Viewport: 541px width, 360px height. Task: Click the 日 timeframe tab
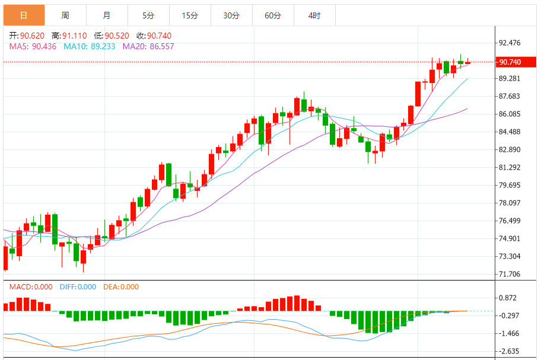point(23,15)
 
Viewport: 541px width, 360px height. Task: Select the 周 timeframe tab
point(65,15)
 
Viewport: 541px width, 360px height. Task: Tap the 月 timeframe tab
point(106,15)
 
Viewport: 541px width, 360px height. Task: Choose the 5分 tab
point(148,15)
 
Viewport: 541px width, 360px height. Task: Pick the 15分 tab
point(190,15)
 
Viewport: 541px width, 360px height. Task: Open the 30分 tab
point(231,15)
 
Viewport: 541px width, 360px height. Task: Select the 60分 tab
point(273,15)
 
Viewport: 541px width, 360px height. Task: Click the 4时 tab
point(314,15)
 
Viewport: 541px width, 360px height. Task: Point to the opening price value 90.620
point(33,36)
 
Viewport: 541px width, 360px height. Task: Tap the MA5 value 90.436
point(44,46)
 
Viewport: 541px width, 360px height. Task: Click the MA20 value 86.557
point(161,46)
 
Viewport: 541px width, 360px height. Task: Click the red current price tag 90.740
point(510,62)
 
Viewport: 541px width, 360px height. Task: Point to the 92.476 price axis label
point(510,43)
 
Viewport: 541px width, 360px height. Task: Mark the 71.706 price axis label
point(510,274)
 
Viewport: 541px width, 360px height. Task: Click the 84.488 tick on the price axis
point(510,132)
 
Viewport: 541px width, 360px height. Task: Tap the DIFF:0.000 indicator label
point(78,287)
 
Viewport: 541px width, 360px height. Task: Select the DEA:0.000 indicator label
point(121,287)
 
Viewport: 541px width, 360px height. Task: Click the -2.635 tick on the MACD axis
point(510,351)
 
